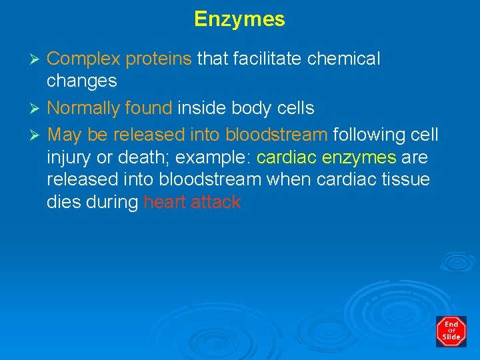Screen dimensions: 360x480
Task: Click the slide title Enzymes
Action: [239, 19]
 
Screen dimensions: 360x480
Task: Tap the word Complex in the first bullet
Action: [84, 59]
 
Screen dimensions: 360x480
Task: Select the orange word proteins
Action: [159, 59]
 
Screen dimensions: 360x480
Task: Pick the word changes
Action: [82, 81]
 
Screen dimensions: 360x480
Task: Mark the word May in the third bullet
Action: [65, 135]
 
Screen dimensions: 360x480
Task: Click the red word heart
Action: [164, 203]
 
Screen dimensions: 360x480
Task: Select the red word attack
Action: [216, 203]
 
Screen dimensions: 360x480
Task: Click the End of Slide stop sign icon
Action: [451, 331]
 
